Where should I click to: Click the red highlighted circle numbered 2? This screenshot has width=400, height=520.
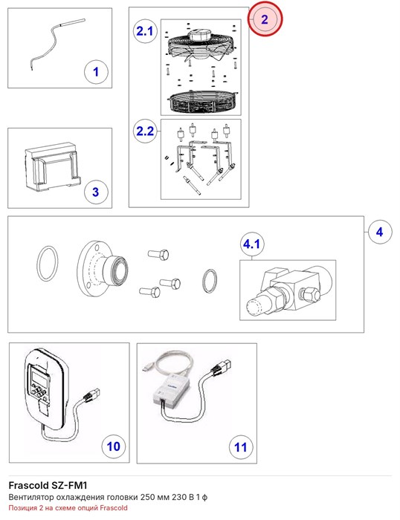point(265,19)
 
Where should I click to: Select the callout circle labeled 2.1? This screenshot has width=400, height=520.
point(145,31)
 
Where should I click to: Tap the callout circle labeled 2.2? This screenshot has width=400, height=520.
point(145,131)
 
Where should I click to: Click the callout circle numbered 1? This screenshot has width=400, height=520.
point(96,72)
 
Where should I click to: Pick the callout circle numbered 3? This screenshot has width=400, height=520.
point(96,192)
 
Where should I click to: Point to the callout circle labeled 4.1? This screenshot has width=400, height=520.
point(252,244)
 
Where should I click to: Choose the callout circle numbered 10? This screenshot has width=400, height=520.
point(114,446)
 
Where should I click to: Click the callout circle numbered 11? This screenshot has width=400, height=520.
point(241,447)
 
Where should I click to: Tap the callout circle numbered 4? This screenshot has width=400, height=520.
point(380,232)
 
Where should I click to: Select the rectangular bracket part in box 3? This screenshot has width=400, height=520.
point(53,167)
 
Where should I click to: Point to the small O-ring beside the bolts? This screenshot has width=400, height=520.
point(210,282)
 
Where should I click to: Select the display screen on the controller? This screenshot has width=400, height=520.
point(37,377)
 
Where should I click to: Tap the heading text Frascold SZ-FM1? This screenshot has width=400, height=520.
point(48,486)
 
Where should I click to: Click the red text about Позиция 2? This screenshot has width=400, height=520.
point(68,507)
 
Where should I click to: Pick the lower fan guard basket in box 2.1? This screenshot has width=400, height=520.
point(201,103)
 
